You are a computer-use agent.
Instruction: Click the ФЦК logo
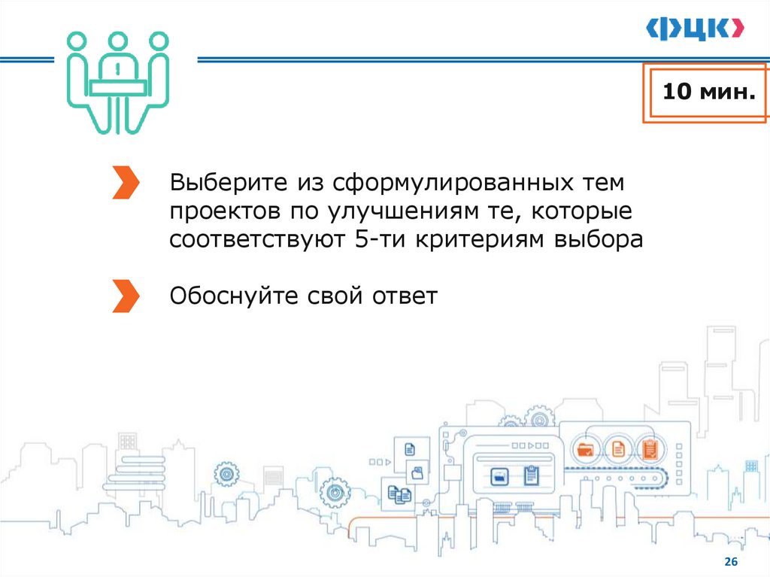(x=696, y=29)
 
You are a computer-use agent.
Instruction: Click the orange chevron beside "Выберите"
(x=125, y=183)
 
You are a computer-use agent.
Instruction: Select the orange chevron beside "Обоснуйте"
(x=125, y=296)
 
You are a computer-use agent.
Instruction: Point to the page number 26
(x=730, y=563)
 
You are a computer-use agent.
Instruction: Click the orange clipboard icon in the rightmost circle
(x=650, y=450)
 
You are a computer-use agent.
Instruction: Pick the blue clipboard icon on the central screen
(x=531, y=475)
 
